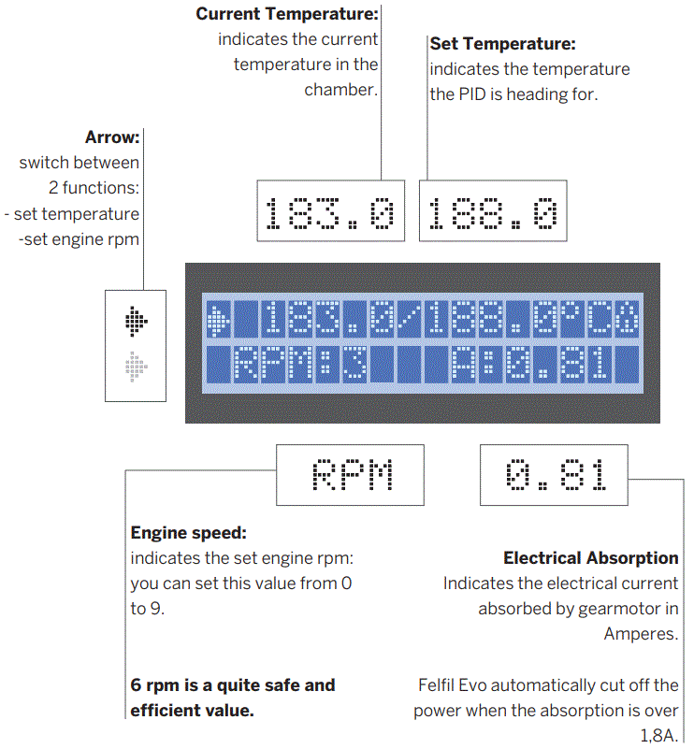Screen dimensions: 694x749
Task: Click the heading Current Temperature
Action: pyautogui.click(x=287, y=15)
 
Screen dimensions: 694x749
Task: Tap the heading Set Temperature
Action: pyautogui.click(x=502, y=44)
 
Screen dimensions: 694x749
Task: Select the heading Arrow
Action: pyautogui.click(x=112, y=137)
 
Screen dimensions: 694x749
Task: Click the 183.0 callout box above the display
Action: pyautogui.click(x=330, y=210)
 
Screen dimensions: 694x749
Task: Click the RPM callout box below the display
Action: pyautogui.click(x=351, y=476)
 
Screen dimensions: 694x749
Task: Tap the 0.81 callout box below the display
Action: pyautogui.click(x=555, y=476)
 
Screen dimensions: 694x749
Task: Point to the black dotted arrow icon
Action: pyautogui.click(x=137, y=323)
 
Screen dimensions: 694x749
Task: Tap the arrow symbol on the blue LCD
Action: pyautogui.click(x=219, y=320)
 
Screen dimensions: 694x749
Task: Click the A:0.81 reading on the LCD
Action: pyautogui.click(x=533, y=365)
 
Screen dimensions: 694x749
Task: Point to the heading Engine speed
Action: pyautogui.click(x=188, y=533)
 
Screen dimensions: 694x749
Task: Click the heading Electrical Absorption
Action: pyautogui.click(x=591, y=558)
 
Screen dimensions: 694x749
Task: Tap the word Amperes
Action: pyautogui.click(x=642, y=633)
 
